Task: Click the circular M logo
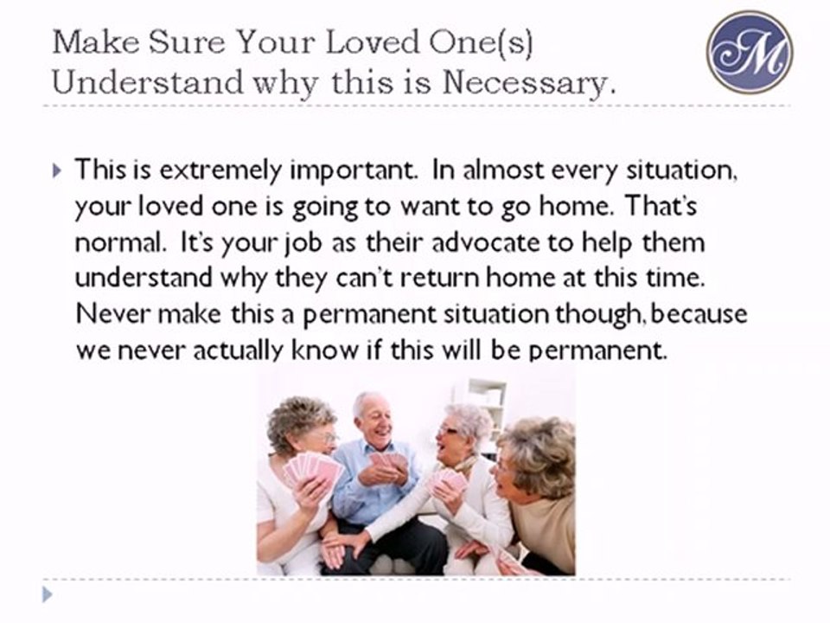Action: click(x=749, y=52)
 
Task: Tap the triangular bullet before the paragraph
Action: click(x=57, y=170)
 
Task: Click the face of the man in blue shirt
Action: click(x=373, y=421)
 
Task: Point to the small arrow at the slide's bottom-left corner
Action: click(x=48, y=594)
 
